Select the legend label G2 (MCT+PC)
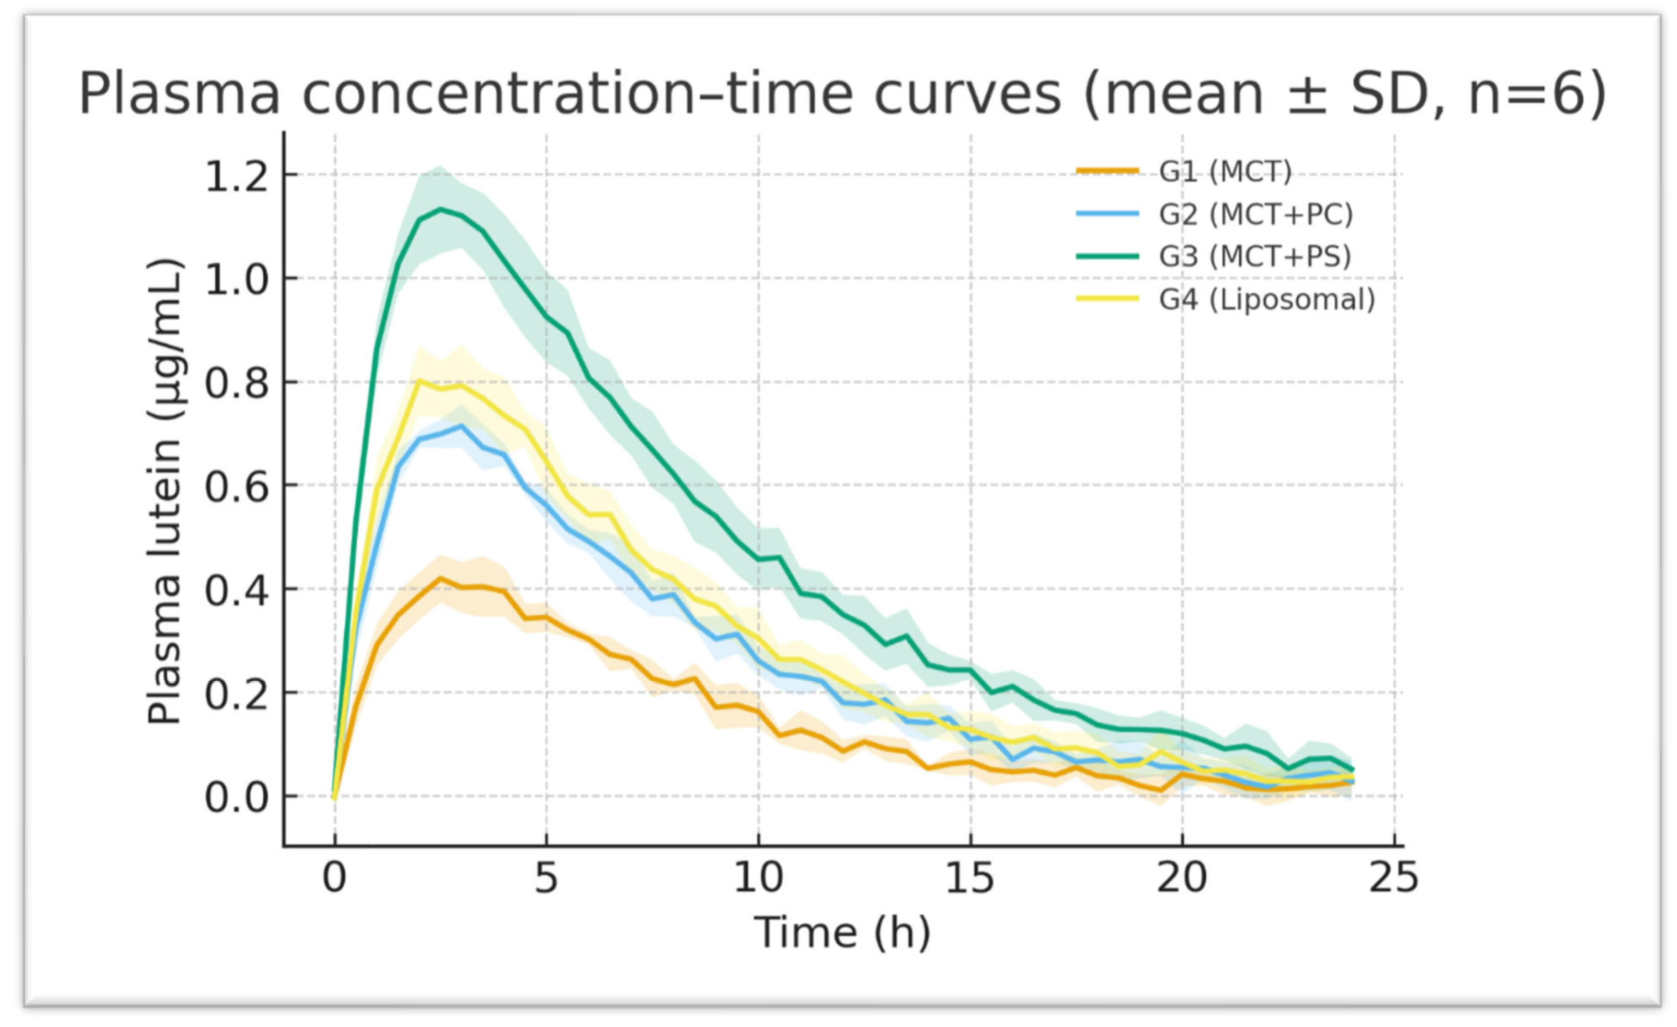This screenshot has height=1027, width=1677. click(x=1256, y=214)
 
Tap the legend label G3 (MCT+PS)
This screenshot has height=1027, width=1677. click(x=1254, y=257)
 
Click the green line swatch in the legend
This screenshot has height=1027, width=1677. click(x=1107, y=257)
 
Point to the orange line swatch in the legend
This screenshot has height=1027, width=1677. click(x=1107, y=171)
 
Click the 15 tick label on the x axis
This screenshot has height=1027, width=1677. click(x=970, y=878)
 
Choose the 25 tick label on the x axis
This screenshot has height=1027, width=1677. click(x=1394, y=878)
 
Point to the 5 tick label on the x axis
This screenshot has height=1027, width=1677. click(x=546, y=878)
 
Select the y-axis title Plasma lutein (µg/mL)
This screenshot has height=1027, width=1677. click(x=165, y=492)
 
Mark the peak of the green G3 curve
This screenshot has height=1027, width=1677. click(x=441, y=209)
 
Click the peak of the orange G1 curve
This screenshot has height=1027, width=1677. click(x=440, y=578)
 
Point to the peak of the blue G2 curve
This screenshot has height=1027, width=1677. click(x=462, y=426)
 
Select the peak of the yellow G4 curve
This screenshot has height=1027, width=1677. click(x=420, y=381)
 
